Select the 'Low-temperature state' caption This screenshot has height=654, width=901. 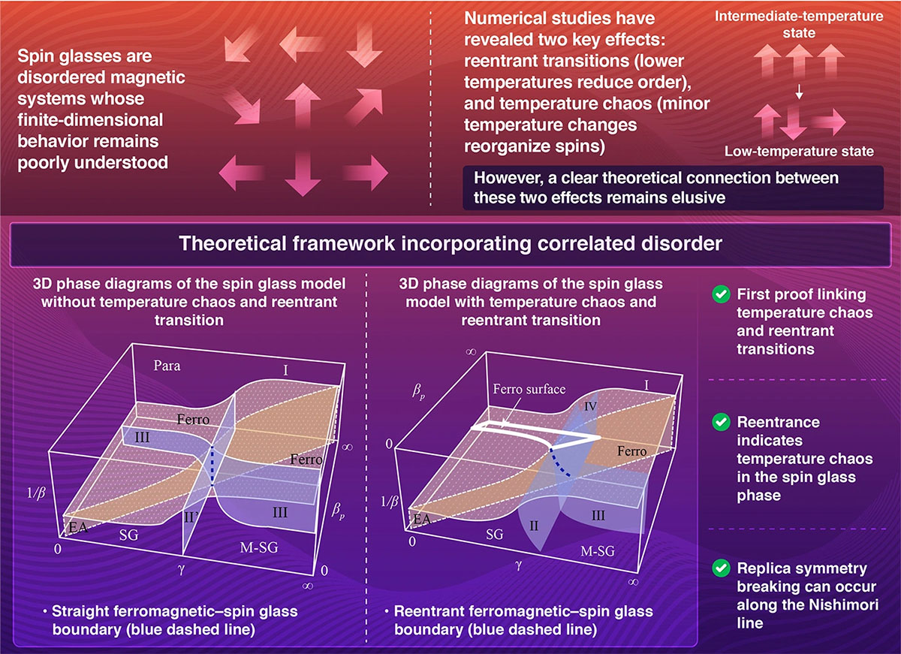799,152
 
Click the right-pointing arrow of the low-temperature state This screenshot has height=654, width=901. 827,121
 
